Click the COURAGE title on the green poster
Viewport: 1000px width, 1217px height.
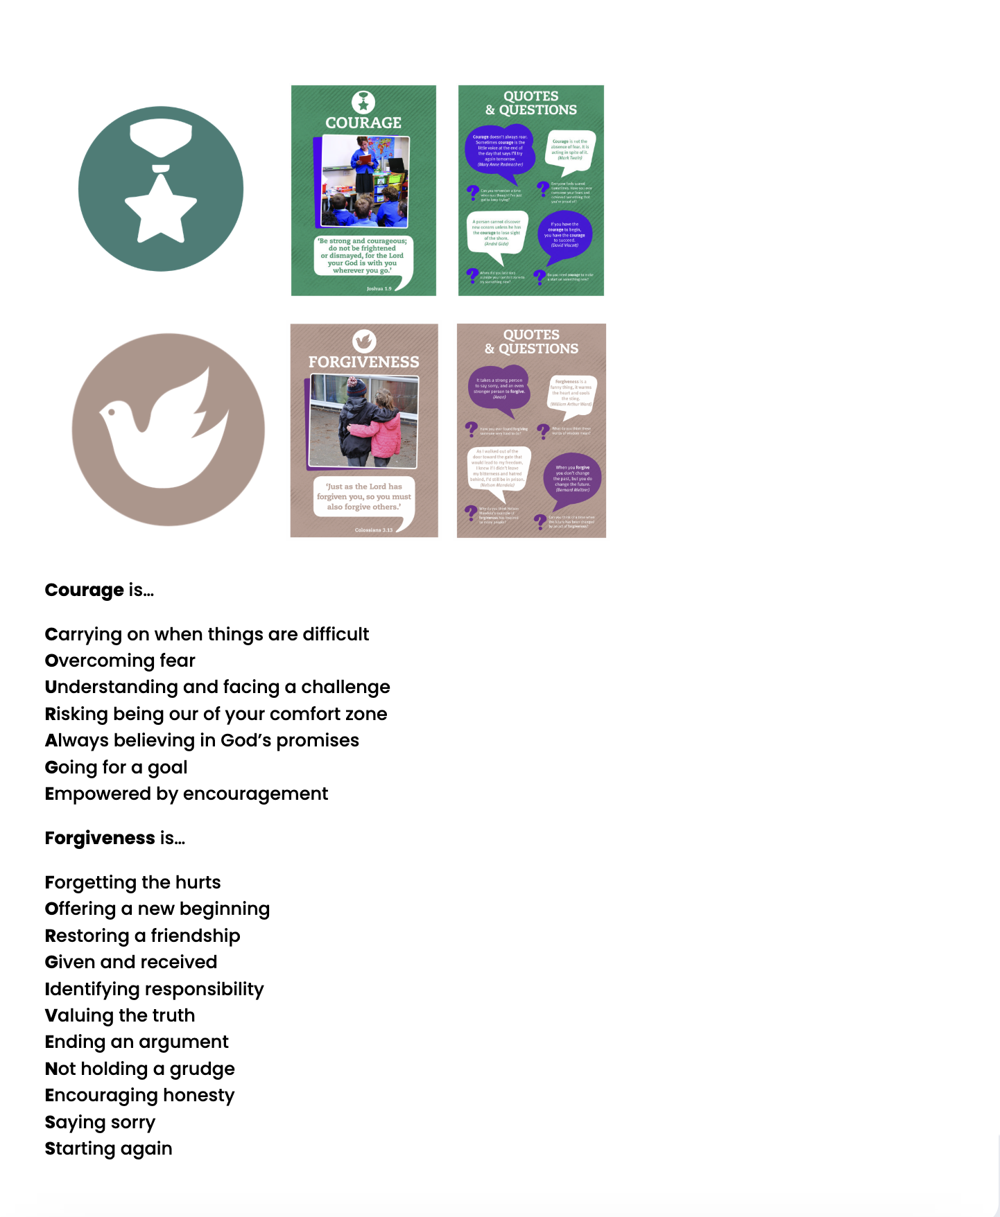pyautogui.click(x=363, y=123)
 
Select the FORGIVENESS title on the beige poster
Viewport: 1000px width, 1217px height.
pyautogui.click(x=363, y=362)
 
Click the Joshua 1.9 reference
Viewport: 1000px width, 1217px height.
pyautogui.click(x=379, y=288)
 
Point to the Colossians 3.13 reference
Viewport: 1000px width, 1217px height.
pyautogui.click(x=374, y=530)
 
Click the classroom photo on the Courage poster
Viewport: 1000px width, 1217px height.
pyautogui.click(x=365, y=182)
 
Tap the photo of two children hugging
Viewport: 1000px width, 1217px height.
pyautogui.click(x=364, y=422)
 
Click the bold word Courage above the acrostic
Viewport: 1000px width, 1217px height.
pyautogui.click(x=84, y=590)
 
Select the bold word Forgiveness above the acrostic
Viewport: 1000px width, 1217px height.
pyautogui.click(x=100, y=838)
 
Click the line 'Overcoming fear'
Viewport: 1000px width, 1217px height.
pyautogui.click(x=120, y=660)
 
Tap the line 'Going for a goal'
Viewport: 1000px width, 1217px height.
pyautogui.click(x=116, y=767)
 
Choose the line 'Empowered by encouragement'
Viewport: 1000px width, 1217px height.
pyautogui.click(x=186, y=794)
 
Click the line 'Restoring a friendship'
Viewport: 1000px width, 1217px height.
pyautogui.click(x=142, y=936)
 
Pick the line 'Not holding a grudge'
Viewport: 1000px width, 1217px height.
pyautogui.click(x=139, y=1069)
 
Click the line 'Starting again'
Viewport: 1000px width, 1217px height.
pyautogui.click(x=108, y=1148)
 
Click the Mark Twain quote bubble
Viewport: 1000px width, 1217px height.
pyautogui.click(x=570, y=149)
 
